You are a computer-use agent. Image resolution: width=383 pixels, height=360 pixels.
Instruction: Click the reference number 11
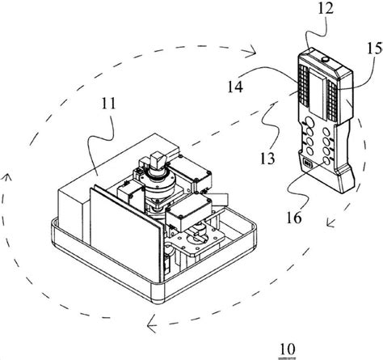[x=109, y=104]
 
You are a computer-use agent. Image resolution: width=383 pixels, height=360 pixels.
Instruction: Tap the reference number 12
[x=326, y=8]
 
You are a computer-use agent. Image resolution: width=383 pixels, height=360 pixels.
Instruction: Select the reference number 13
[x=267, y=159]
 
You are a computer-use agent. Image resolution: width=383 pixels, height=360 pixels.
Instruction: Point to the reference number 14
[x=235, y=87]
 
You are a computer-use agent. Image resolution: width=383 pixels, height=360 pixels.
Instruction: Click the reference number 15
[x=375, y=49]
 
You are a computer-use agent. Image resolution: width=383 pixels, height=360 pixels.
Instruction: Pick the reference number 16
[x=294, y=218]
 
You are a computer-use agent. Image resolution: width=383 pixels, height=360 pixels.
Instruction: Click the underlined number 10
[x=288, y=349]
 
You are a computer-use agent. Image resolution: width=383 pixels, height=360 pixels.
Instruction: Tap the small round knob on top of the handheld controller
[x=326, y=59]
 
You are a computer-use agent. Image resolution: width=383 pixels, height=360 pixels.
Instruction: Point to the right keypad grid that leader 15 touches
[x=332, y=100]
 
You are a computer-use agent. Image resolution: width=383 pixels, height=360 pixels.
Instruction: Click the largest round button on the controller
[x=309, y=123]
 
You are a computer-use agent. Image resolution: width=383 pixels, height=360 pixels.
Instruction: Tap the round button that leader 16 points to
[x=326, y=161]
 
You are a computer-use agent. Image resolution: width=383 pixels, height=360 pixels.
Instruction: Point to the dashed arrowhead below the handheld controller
[x=330, y=222]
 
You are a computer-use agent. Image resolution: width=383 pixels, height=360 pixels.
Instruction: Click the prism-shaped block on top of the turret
[x=157, y=159]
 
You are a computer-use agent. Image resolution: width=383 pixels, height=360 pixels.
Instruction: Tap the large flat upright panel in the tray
[x=127, y=235]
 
